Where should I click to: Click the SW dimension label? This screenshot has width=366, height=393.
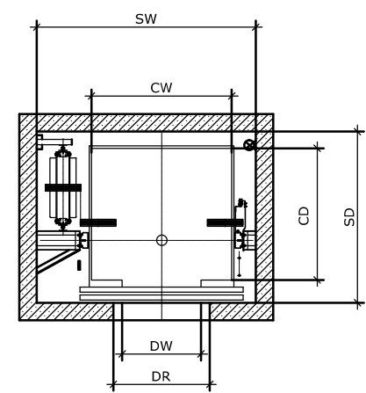[146, 19]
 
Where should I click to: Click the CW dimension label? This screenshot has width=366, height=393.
[161, 88]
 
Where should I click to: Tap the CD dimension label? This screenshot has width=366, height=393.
[304, 215]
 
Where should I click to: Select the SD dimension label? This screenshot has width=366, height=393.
[349, 217]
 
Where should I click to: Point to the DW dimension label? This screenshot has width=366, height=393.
[161, 346]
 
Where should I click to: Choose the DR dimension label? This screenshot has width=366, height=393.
[161, 376]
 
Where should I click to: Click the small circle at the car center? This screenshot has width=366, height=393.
[161, 240]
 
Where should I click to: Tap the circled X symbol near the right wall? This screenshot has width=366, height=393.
[249, 145]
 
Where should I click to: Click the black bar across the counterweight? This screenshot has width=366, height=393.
[63, 187]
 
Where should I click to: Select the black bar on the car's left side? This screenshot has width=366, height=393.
[98, 222]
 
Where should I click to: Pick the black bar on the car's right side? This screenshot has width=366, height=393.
[225, 222]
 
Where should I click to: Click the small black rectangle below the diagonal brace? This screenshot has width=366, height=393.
[79, 266]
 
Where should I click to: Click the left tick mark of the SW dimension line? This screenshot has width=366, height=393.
[37, 27]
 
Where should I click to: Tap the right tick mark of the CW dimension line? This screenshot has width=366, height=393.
[232, 96]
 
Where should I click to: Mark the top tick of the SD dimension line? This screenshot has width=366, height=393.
[357, 131]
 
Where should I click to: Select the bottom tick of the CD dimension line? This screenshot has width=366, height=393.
[318, 280]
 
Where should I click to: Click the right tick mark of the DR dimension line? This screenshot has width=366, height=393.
[210, 384]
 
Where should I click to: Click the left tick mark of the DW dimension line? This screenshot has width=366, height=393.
[122, 354]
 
